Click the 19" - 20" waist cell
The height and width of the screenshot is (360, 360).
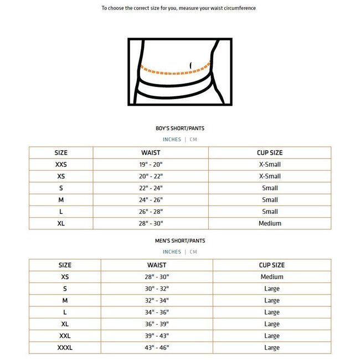(x=151, y=164)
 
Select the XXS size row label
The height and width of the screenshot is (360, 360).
(x=61, y=164)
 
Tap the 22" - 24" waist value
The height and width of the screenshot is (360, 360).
(x=151, y=188)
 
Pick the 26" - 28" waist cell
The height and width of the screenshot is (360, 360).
(x=151, y=212)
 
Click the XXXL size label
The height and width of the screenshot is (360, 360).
(x=65, y=348)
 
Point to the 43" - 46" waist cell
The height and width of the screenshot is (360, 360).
(x=157, y=348)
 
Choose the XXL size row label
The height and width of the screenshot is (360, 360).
(x=65, y=336)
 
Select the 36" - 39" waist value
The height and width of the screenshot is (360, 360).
(x=157, y=324)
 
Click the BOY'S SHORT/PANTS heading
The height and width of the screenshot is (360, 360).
(x=179, y=128)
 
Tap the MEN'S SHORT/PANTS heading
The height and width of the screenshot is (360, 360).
(x=179, y=241)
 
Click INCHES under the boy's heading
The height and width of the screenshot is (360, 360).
(x=172, y=140)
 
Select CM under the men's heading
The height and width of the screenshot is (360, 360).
(x=193, y=252)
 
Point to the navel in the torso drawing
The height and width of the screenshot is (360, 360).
(x=191, y=66)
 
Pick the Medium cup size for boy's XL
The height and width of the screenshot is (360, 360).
(x=270, y=223)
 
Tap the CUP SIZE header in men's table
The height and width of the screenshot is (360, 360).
(x=271, y=265)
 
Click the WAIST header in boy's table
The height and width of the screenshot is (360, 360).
(x=151, y=152)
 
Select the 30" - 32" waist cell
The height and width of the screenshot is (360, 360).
(x=157, y=289)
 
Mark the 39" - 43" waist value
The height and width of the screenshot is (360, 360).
(x=157, y=336)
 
